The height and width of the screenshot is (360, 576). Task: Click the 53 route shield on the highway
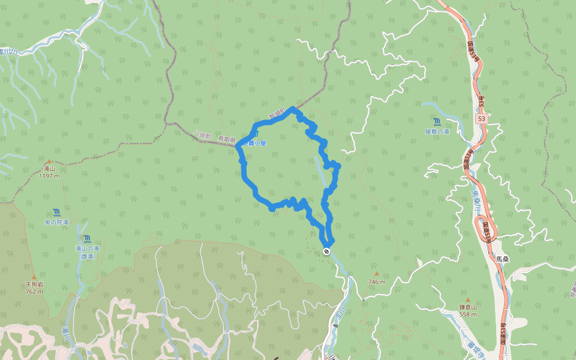point(482,119)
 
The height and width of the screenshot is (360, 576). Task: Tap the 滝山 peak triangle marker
point(48,162)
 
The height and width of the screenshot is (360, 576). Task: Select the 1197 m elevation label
point(48,176)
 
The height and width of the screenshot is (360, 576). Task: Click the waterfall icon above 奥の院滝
point(56,212)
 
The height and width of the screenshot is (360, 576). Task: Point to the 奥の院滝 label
point(56,222)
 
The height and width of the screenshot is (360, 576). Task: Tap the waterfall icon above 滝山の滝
point(88,239)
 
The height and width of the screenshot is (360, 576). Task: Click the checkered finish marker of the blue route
point(326,251)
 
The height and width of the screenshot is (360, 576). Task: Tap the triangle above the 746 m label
point(377,273)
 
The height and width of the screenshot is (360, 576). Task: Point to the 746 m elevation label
point(377,281)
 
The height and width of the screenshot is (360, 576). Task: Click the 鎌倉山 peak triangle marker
point(468,299)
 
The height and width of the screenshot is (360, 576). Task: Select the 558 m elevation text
point(468,314)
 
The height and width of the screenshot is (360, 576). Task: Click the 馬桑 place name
point(502,259)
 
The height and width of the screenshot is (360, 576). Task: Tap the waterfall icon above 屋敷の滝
point(437,122)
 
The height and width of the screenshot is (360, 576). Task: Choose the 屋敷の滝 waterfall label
point(437,131)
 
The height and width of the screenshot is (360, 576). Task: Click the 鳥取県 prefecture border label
point(227,139)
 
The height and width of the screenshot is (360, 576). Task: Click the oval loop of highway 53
point(485,227)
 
